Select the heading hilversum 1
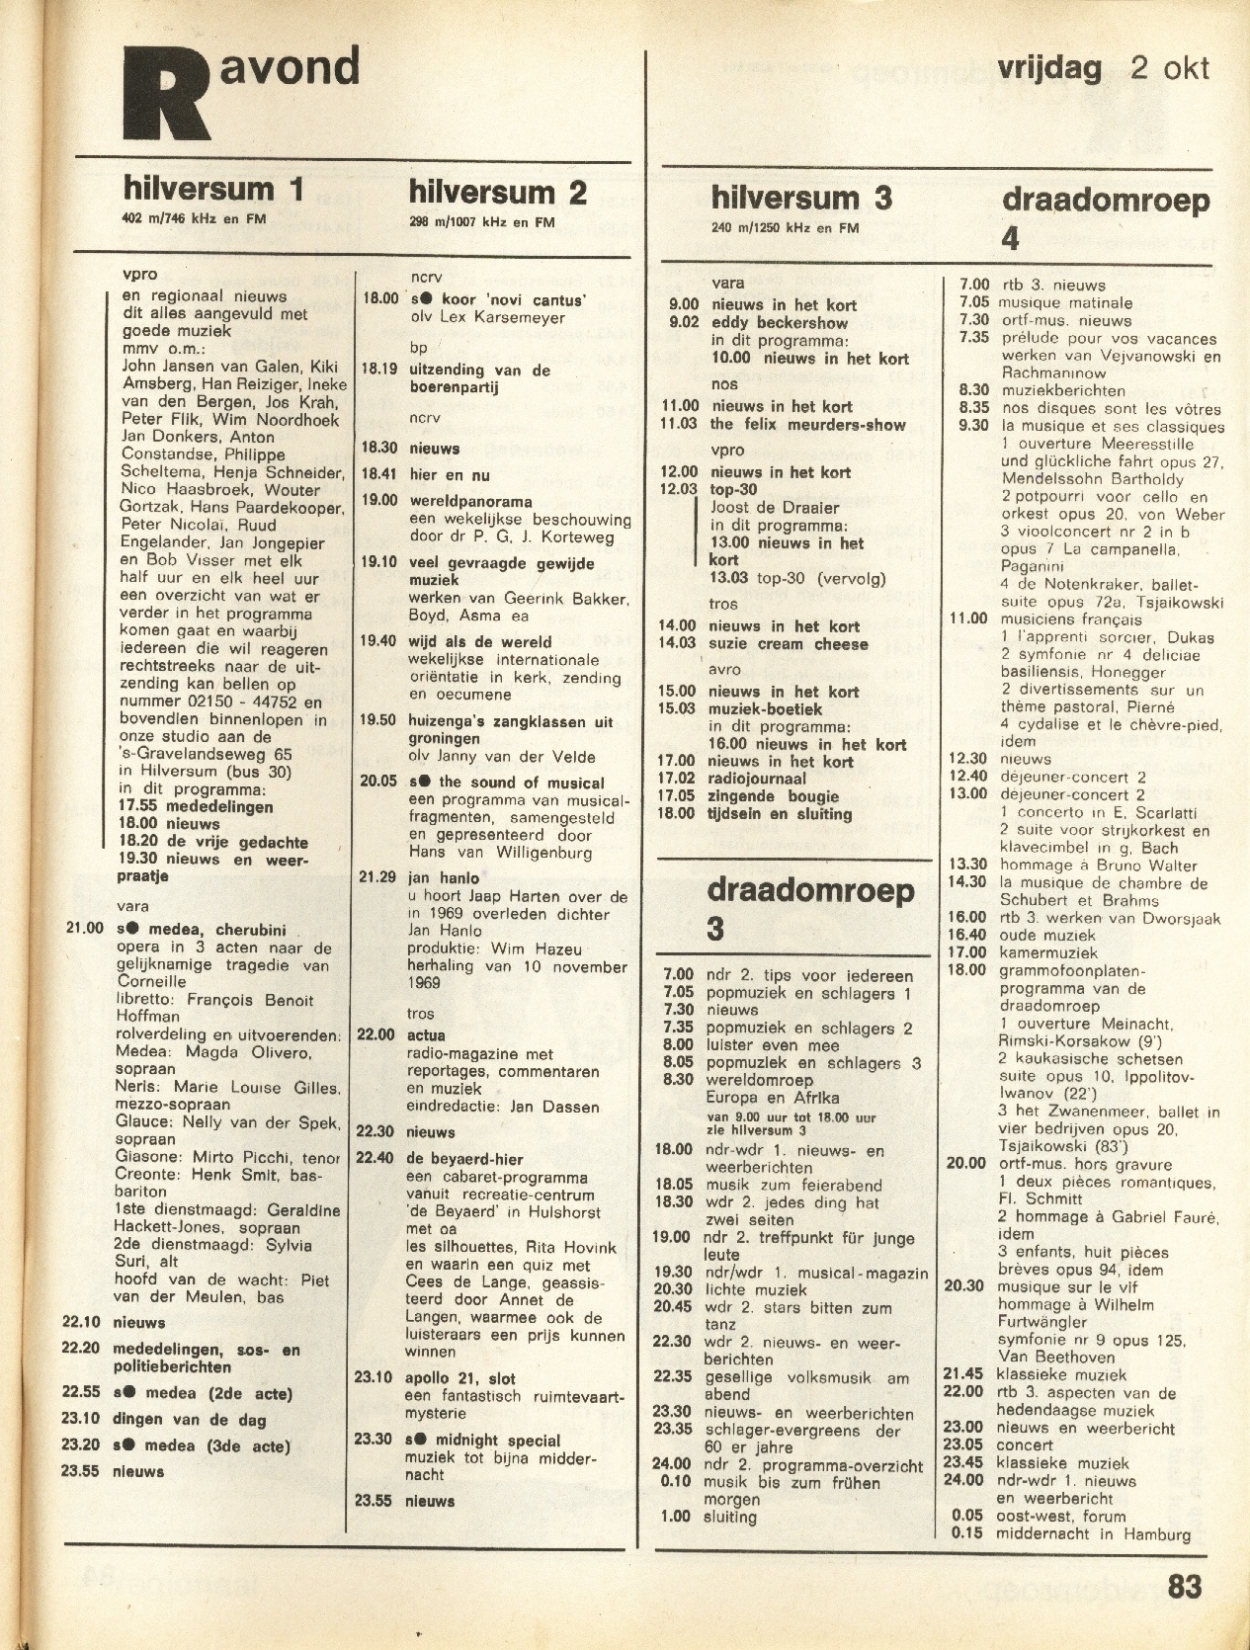[x=212, y=189]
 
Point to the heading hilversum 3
[x=800, y=198]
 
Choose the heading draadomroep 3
[x=809, y=907]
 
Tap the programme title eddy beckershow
[x=779, y=322]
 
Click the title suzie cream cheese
[x=788, y=644]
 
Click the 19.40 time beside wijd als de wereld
[x=377, y=641]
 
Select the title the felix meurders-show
[x=807, y=424]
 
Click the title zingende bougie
[x=773, y=796]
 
